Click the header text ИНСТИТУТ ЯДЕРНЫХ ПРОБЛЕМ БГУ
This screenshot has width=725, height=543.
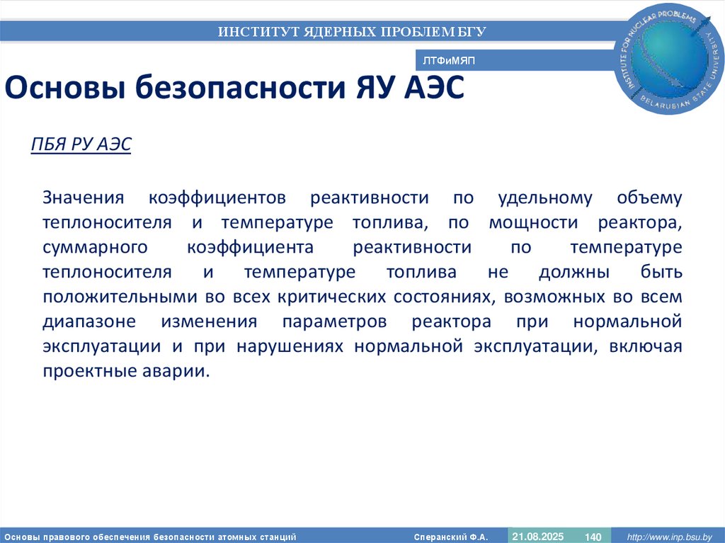point(352,31)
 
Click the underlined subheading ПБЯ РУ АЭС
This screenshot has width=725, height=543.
point(81,144)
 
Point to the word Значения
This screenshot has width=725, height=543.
point(83,198)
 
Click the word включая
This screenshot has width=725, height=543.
point(649,346)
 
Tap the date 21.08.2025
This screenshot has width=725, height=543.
point(537,537)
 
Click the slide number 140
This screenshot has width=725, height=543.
point(592,537)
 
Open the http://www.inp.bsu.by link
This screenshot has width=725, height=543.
point(670,537)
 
